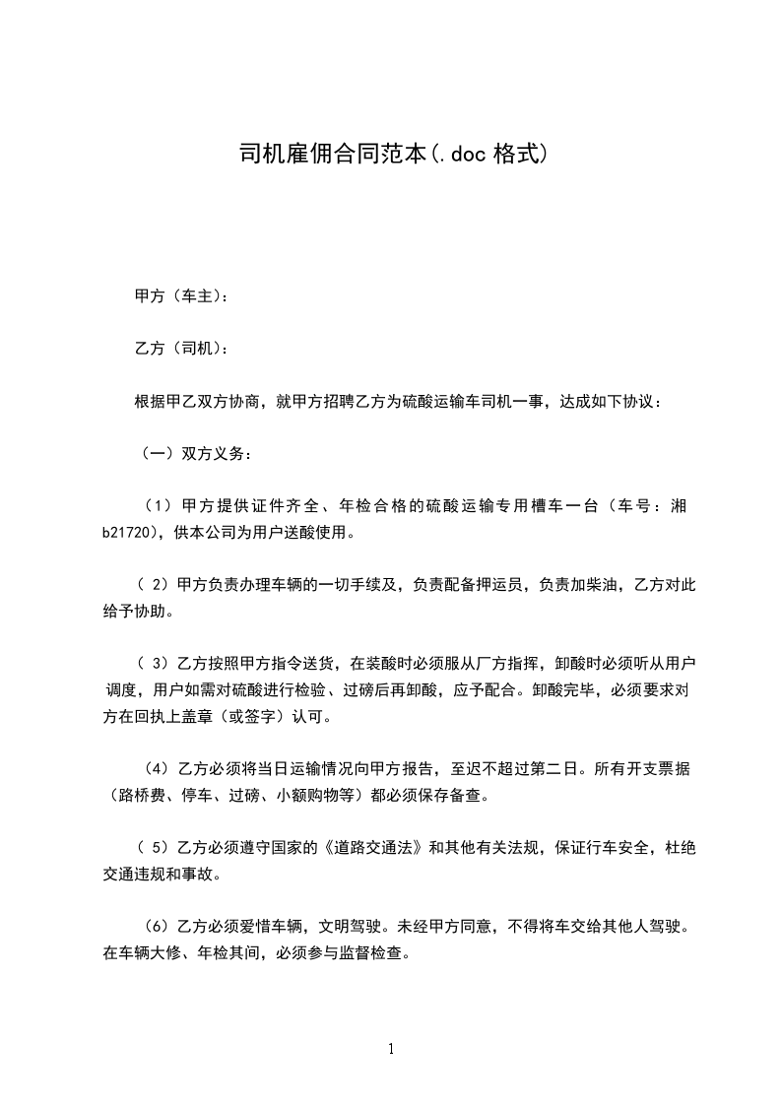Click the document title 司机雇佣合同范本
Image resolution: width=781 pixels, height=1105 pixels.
pos(333,155)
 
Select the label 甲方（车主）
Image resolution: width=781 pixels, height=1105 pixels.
pos(180,295)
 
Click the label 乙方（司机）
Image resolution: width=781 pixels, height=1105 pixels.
pos(180,349)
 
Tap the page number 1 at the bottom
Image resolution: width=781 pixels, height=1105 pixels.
pos(391,1049)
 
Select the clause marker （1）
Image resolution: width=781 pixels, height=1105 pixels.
pos(159,507)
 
